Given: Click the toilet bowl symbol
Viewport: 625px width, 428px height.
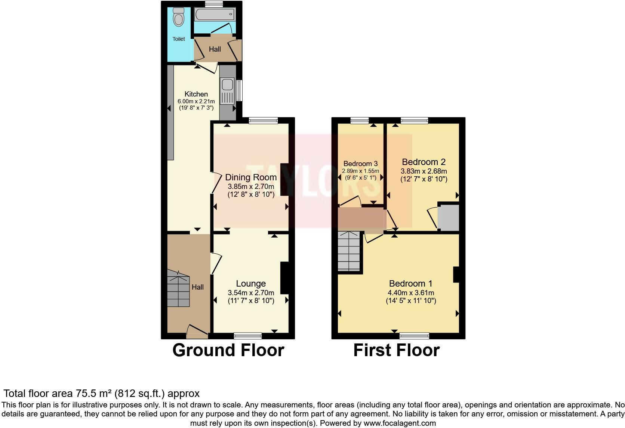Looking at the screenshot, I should coord(179,18).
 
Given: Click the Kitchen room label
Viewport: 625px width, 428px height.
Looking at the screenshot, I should coord(196,94).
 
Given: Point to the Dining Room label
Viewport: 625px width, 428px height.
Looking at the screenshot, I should coord(251,177).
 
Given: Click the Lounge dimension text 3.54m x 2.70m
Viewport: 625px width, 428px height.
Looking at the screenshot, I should coord(251,293).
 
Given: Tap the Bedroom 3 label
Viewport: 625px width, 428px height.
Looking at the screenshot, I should coord(360,163).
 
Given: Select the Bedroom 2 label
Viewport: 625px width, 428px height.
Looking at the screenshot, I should coord(424,162).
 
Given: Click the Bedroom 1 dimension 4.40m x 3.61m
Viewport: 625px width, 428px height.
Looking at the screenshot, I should coord(411,293).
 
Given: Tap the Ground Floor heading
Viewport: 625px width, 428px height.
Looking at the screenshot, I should coord(228,350).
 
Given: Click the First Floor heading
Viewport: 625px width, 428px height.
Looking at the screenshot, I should coord(396,350).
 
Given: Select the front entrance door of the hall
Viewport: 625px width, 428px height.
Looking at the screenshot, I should coord(197,331).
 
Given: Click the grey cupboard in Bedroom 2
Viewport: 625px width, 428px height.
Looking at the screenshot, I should coord(449,217).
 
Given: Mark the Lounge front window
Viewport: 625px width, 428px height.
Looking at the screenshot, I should coord(248,335).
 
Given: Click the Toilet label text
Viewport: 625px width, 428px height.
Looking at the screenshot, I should coord(179,39).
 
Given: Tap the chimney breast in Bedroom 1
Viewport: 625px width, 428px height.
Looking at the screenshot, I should coord(456,275).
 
